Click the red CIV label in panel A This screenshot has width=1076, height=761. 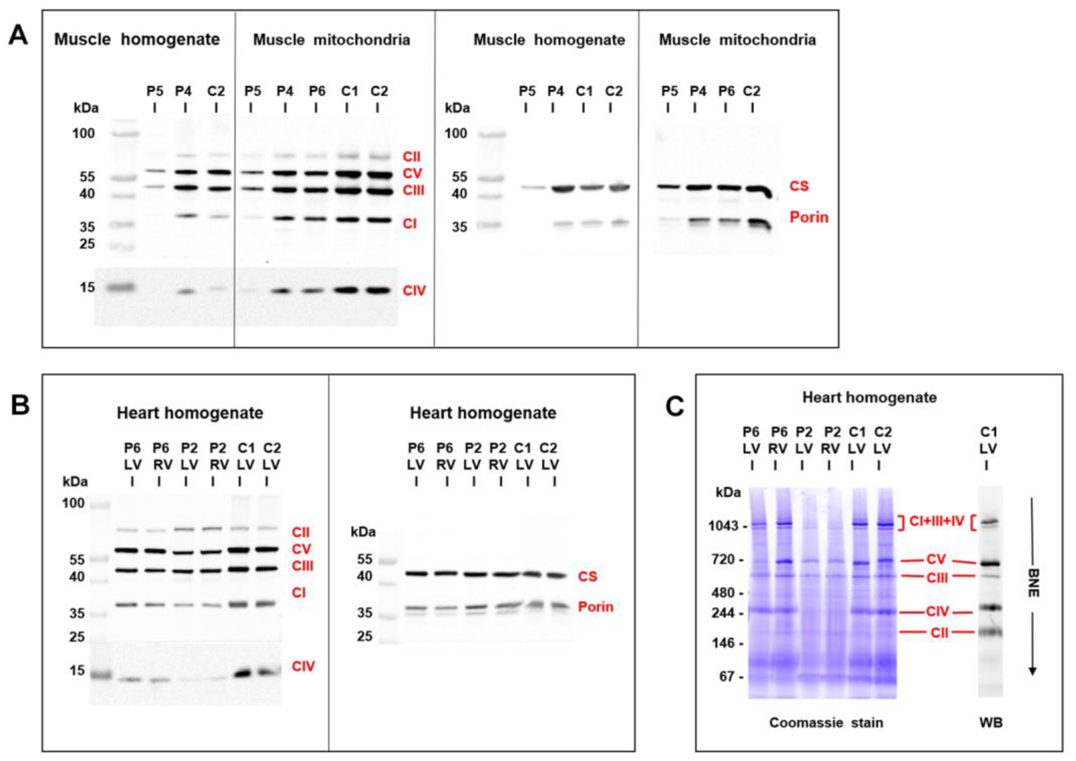414,291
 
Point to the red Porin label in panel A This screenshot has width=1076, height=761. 809,217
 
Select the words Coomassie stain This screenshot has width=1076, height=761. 826,722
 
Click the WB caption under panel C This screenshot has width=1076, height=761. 991,722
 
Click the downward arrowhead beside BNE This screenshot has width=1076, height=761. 1032,671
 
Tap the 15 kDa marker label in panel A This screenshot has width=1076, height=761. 87,287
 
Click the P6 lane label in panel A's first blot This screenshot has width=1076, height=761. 317,91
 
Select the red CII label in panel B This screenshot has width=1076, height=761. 301,532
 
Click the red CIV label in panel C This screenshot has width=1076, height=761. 937,612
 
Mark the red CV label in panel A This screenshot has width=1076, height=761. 412,173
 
